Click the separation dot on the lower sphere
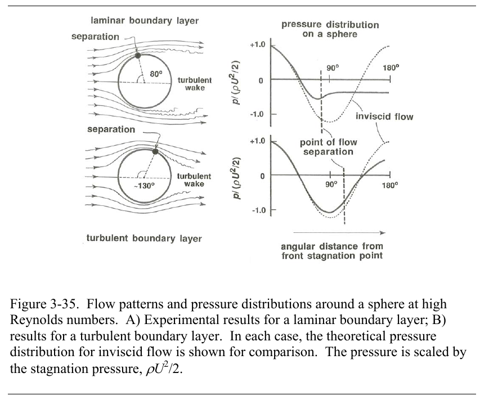(x=155, y=151)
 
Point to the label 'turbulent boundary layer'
(x=143, y=238)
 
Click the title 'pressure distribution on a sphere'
(x=330, y=29)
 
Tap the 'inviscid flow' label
(x=384, y=117)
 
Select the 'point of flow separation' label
(x=329, y=147)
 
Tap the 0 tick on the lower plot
(x=261, y=176)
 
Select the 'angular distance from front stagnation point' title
(x=331, y=251)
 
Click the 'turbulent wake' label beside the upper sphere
(x=194, y=84)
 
